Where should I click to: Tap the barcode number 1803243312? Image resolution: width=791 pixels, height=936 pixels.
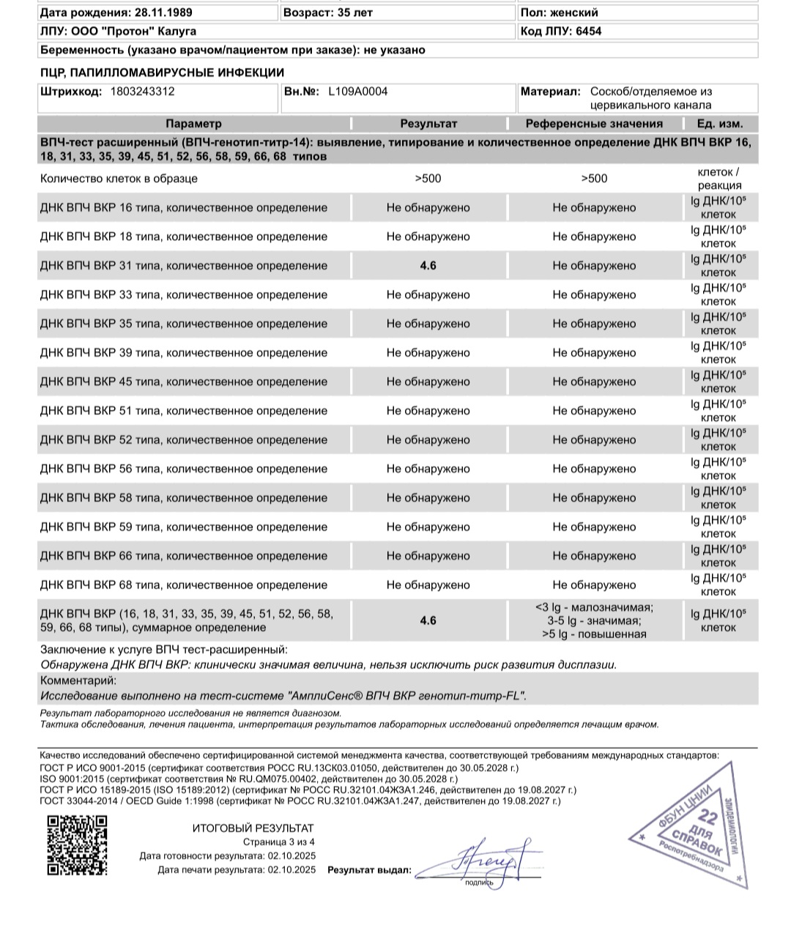142,92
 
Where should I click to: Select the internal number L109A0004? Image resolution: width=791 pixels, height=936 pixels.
357,92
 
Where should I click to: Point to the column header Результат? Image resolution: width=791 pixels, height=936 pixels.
428,124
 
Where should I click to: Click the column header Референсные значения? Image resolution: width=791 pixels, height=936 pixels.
594,124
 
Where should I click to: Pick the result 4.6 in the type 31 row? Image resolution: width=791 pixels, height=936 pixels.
428,265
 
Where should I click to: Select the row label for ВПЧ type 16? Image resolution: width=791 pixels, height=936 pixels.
184,207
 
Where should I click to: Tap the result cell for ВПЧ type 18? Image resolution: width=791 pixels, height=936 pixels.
428,237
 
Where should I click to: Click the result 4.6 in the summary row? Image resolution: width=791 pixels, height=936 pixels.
428,620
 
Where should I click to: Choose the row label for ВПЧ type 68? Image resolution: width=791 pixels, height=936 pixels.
184,584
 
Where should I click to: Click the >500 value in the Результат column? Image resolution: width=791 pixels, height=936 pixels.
428,178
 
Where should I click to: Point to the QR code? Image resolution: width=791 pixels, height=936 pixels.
77,844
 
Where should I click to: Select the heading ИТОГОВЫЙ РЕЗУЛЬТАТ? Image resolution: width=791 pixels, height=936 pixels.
253,828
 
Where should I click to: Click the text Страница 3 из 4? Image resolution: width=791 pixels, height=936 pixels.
279,842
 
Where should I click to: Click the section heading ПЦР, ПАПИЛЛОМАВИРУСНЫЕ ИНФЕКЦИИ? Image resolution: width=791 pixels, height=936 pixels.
162,73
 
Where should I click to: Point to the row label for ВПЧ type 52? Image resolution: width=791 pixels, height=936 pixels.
184,439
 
